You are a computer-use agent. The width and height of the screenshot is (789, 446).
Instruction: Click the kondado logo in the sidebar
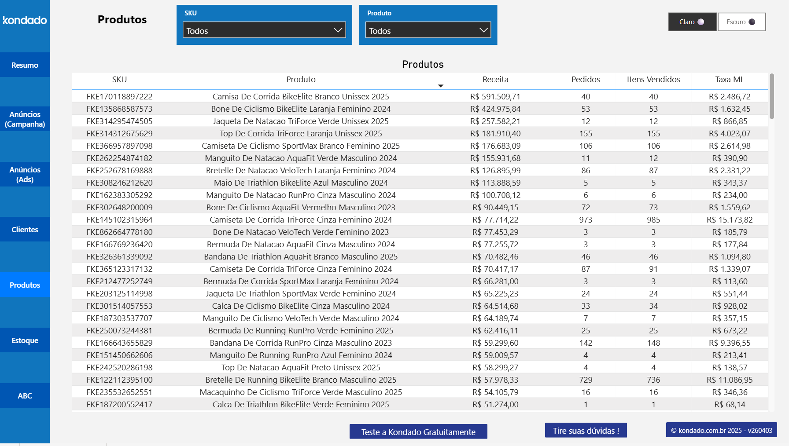click(25, 20)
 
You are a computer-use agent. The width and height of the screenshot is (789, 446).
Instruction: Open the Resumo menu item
click(25, 65)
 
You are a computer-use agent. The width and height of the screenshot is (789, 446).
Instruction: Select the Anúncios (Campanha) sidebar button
click(25, 119)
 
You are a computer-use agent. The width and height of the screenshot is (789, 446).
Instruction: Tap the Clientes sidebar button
click(25, 230)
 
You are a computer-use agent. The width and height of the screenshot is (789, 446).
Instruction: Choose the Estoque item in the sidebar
click(25, 340)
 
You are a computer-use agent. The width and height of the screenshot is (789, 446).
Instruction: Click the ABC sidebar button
click(25, 396)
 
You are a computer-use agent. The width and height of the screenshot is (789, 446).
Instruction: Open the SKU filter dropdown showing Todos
click(264, 30)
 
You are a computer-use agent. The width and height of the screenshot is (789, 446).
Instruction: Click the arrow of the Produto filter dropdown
click(483, 30)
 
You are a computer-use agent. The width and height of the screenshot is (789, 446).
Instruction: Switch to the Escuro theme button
click(741, 22)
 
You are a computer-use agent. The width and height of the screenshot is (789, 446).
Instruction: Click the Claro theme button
click(692, 22)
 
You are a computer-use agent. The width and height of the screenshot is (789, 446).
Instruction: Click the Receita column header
click(495, 80)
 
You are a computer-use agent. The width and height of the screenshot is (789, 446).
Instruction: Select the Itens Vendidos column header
click(653, 80)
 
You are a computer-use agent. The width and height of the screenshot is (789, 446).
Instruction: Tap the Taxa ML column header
click(729, 80)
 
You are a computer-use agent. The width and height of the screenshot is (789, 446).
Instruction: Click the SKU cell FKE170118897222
click(119, 97)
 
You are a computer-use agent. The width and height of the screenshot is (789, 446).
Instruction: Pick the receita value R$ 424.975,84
click(495, 109)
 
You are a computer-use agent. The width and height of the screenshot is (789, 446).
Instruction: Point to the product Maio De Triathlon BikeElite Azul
click(301, 183)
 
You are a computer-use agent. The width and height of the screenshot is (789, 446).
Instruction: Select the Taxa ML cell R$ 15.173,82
click(729, 220)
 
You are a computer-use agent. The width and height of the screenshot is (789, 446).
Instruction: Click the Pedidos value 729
click(586, 380)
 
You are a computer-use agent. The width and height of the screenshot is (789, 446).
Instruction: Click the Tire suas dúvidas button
click(586, 431)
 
